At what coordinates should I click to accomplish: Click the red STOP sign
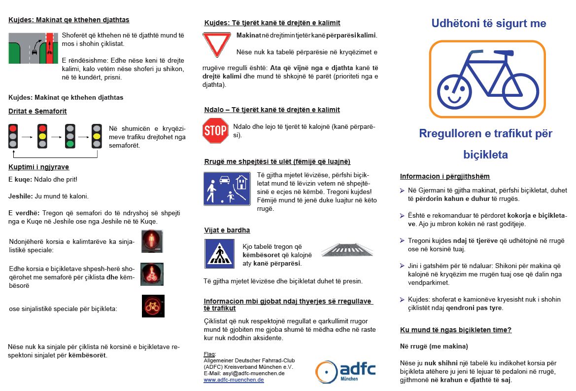(215, 131)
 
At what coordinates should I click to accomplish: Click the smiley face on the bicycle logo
(455, 92)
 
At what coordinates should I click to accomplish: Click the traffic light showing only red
(13, 136)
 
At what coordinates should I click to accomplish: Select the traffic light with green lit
(70, 136)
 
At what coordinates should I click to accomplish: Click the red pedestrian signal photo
(152, 241)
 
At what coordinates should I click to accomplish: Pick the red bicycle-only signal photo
(153, 306)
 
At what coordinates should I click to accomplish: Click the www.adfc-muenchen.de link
(234, 380)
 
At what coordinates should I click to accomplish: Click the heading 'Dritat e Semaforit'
(37, 111)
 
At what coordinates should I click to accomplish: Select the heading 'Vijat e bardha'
(227, 230)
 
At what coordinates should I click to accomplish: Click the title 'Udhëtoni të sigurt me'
(488, 23)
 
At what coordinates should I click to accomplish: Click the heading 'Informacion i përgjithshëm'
(444, 176)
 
